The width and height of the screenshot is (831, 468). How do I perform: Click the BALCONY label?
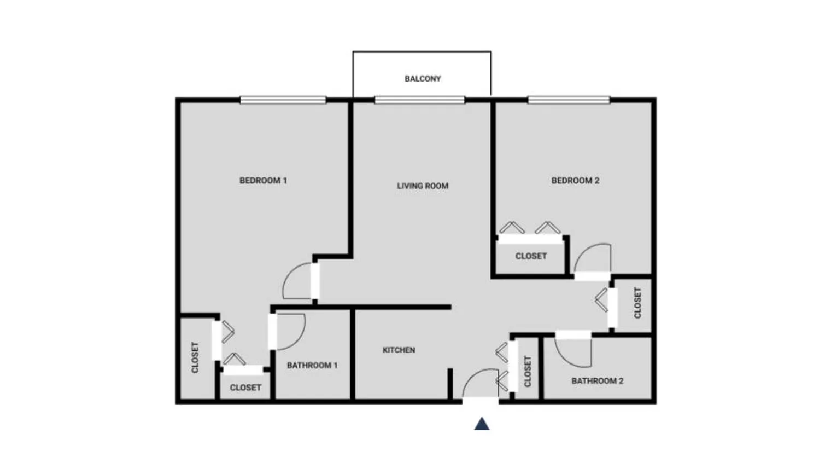click(423, 79)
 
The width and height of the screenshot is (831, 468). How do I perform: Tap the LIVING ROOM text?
click(423, 186)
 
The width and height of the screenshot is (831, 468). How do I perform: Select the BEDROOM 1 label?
click(263, 181)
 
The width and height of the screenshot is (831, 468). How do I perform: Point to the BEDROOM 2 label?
click(575, 181)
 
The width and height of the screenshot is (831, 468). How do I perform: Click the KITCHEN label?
click(399, 350)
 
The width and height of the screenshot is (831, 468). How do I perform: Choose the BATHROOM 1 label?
click(312, 366)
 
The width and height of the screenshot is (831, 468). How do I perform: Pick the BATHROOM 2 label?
click(597, 381)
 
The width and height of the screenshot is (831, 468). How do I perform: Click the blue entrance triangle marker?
click(482, 424)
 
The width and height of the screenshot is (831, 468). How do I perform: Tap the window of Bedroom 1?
click(283, 100)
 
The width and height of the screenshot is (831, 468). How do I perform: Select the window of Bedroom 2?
click(569, 100)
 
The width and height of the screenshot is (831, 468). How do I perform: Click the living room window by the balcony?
click(419, 100)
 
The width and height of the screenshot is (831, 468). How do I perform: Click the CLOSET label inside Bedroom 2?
click(531, 256)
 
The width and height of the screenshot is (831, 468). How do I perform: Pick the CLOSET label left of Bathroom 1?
click(245, 388)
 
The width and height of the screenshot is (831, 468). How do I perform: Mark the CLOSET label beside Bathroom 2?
click(528, 371)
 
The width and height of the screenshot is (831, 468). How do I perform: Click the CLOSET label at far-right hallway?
click(637, 303)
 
